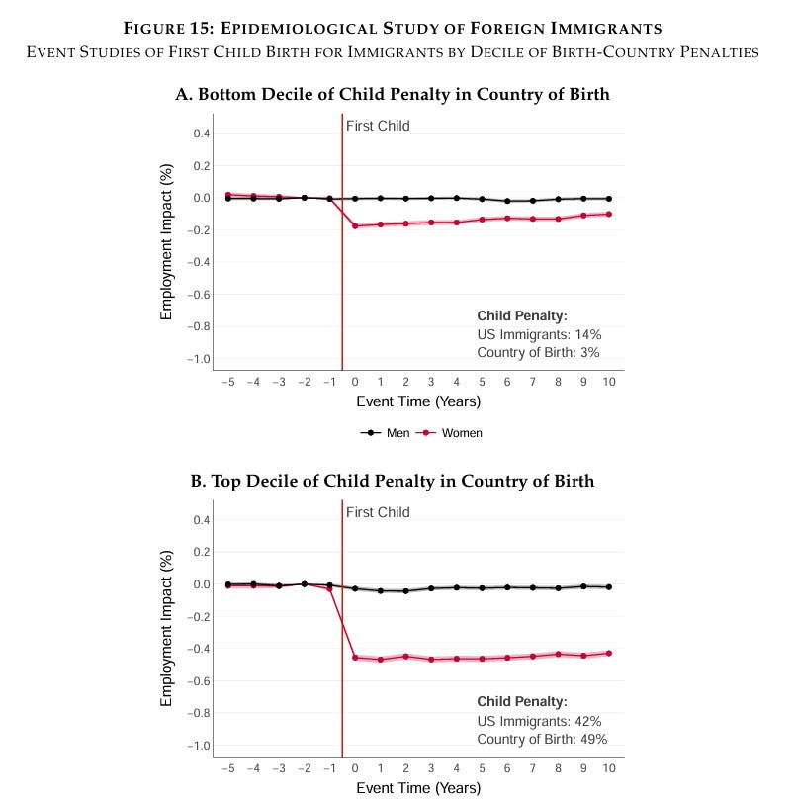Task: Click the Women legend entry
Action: click(452, 433)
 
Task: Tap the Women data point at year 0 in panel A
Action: click(355, 225)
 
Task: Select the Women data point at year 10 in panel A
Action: click(609, 214)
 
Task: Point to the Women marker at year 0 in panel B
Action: click(355, 657)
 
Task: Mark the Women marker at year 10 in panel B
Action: click(609, 653)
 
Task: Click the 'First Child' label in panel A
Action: click(378, 126)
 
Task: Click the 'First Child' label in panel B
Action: click(378, 512)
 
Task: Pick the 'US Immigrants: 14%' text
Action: click(539, 334)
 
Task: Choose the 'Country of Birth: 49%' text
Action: click(542, 739)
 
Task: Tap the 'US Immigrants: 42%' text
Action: click(539, 721)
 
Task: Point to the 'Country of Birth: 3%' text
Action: click(538, 352)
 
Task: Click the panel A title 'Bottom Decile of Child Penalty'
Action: click(392, 95)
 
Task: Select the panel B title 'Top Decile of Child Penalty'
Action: click(392, 482)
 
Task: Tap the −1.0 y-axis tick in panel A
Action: click(198, 359)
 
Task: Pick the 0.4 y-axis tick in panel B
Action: click(201, 520)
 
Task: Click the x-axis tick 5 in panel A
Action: click(483, 382)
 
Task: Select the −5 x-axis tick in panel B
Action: click(227, 768)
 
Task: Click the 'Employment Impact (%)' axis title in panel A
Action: click(167, 241)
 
